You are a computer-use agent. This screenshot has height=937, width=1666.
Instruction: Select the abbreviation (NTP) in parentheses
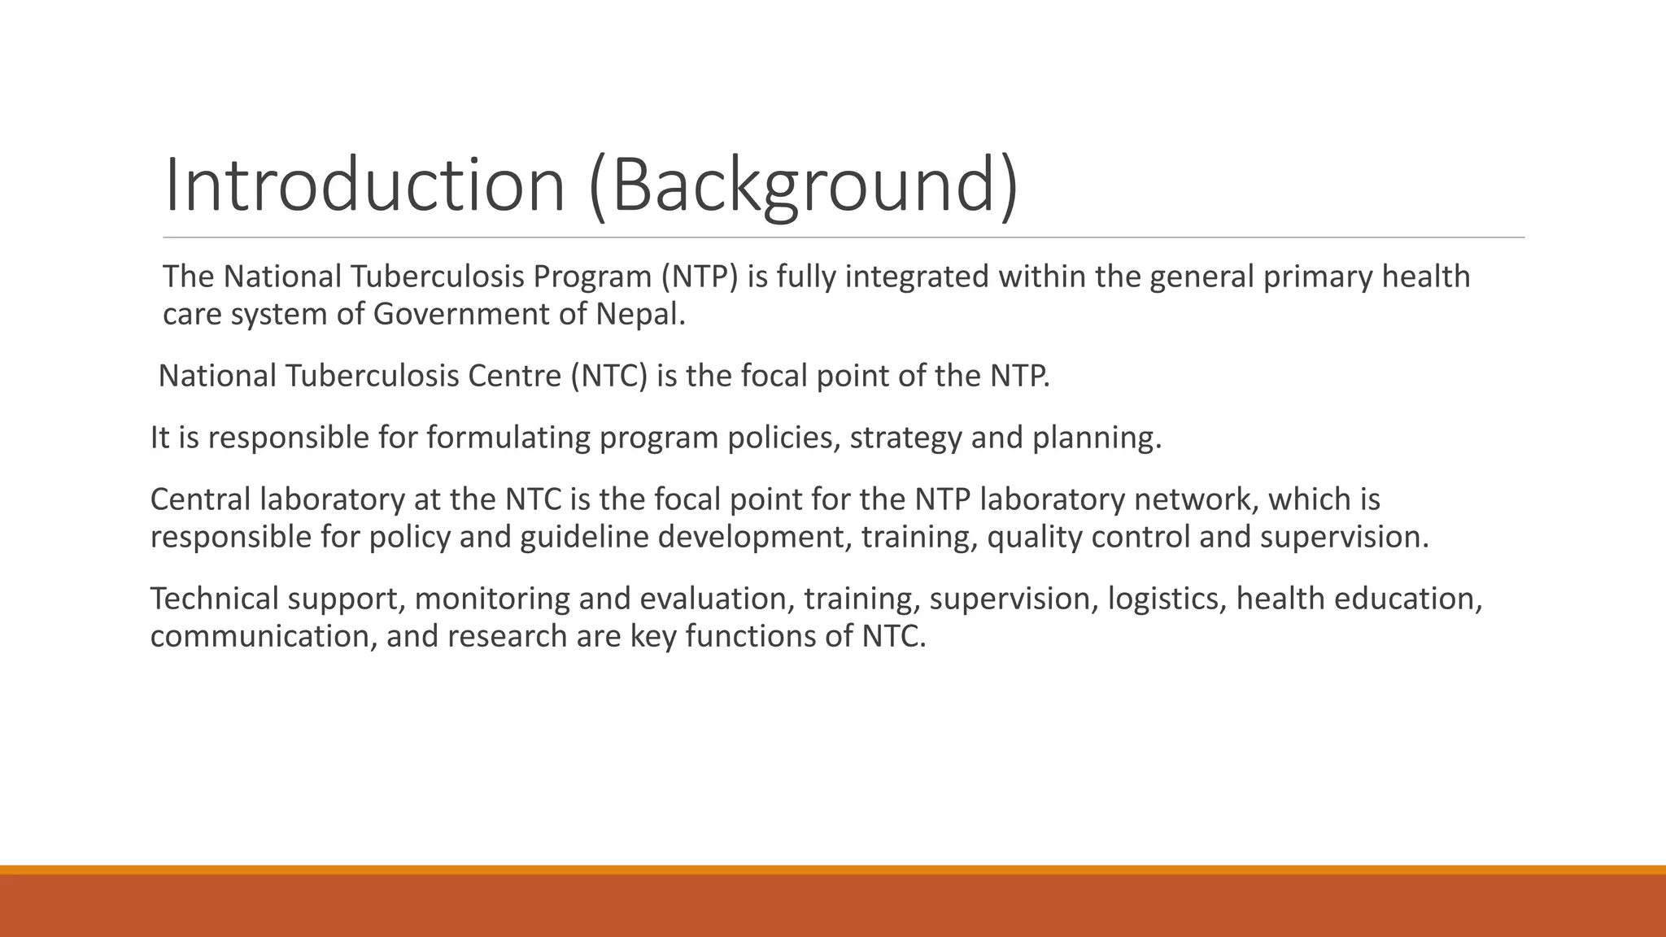700,277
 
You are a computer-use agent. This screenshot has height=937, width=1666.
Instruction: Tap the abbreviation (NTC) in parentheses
608,377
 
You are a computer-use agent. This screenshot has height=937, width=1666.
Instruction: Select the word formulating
508,438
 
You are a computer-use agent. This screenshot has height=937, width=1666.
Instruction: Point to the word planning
1097,438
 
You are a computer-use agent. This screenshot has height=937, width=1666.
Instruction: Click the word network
1194,500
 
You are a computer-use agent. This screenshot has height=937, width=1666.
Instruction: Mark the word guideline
584,538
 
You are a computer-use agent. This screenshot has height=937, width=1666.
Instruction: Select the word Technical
215,599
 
